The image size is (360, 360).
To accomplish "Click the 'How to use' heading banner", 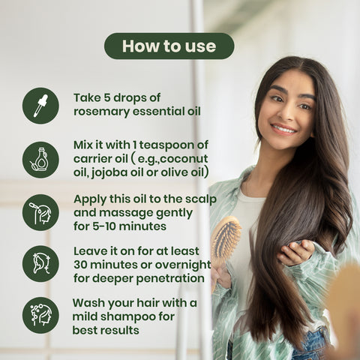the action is [x=169, y=46].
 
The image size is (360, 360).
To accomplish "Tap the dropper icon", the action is [x=40, y=106].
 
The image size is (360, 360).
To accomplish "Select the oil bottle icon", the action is [x=40, y=160].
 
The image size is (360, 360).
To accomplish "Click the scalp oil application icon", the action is [x=40, y=212].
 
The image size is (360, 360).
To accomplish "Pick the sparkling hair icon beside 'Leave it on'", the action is [x=40, y=264].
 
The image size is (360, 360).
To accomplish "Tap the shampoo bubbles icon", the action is [x=40, y=315].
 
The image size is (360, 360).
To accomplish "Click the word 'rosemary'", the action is [x=102, y=112].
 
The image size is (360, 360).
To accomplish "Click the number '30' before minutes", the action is [x=80, y=265].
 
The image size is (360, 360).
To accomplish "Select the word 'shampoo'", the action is [x=127, y=317].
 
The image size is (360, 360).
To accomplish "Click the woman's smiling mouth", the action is [x=283, y=129].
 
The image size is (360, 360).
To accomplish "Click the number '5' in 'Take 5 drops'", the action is [x=107, y=97].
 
